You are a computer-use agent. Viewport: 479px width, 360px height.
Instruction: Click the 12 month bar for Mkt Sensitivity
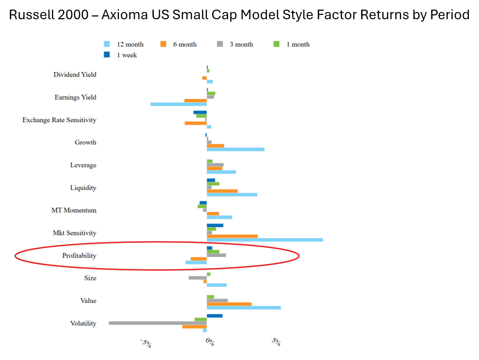(x=265, y=240)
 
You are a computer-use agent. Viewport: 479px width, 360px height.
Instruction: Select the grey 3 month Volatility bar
(x=158, y=323)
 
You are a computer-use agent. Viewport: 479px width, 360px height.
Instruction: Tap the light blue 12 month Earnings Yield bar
(x=178, y=104)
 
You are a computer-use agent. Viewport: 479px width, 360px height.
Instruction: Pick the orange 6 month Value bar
(x=229, y=304)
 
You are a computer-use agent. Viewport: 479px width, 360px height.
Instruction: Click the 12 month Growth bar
(x=236, y=149)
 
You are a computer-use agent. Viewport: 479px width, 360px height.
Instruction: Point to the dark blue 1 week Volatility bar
(x=214, y=316)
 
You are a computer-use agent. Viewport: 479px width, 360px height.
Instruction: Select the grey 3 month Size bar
(x=197, y=278)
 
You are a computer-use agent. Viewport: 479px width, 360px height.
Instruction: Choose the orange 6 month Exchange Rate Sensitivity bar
(x=196, y=123)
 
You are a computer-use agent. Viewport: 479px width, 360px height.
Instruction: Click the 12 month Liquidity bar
(x=232, y=194)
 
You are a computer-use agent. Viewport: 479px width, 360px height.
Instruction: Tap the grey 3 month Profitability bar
(x=216, y=255)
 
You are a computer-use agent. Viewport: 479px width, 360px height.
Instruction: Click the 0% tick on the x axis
(x=210, y=342)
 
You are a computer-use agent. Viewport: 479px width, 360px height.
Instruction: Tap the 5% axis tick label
(x=276, y=342)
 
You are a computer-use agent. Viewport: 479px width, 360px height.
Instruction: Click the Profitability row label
(x=79, y=256)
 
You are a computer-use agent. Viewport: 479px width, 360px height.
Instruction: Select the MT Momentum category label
(x=74, y=210)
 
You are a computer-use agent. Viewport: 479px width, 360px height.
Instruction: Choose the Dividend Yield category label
(x=75, y=75)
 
